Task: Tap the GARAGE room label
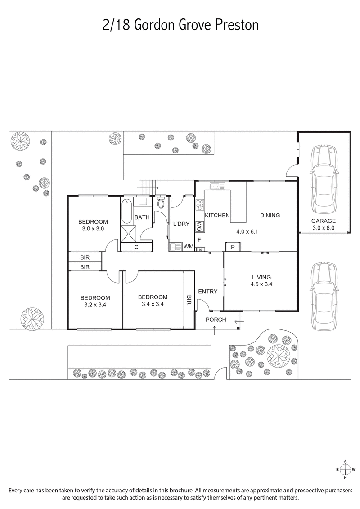tap(324, 221)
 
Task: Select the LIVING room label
tap(261, 277)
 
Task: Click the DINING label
tap(270, 215)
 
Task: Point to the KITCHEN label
tap(217, 216)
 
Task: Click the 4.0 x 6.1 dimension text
tap(247, 232)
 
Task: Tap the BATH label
tap(142, 217)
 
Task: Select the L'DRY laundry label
tap(181, 224)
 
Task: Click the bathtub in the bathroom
tap(126, 211)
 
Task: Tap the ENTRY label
tap(207, 292)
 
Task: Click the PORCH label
tap(216, 320)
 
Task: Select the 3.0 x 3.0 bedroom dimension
tap(93, 229)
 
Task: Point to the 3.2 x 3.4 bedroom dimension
tap(95, 305)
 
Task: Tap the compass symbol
tap(345, 469)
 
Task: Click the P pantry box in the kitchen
tap(233, 247)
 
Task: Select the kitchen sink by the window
tap(217, 186)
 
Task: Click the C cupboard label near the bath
tap(136, 247)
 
